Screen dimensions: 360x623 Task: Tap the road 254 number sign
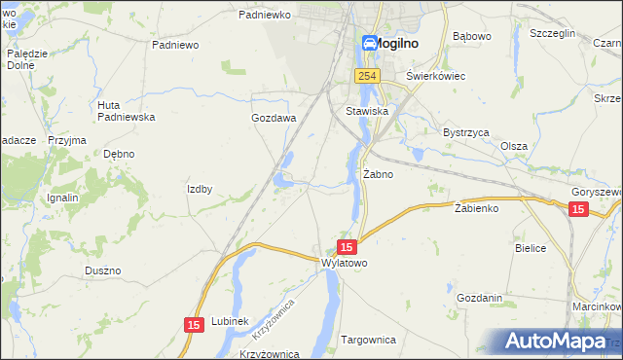coord(366,76)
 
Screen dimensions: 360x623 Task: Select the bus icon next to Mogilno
coord(370,43)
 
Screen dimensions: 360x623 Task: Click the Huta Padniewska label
coord(127,111)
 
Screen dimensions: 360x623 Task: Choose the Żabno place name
coord(378,175)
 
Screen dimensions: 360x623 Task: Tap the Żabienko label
coord(477,208)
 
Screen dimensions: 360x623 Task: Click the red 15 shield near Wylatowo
coord(347,248)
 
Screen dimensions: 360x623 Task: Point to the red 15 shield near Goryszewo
coord(578,210)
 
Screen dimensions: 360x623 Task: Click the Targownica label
coord(369,340)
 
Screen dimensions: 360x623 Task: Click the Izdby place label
coord(200,189)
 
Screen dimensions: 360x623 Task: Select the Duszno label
coord(102,270)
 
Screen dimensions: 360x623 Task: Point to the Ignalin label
coord(62,198)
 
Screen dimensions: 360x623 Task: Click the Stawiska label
coord(367,112)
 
